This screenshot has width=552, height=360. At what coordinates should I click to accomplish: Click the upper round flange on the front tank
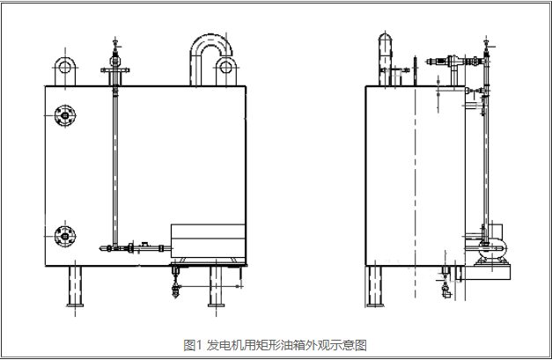tap(63, 115)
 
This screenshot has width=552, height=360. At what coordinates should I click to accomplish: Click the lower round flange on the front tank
tap(63, 235)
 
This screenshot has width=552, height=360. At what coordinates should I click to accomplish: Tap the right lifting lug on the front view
tap(225, 69)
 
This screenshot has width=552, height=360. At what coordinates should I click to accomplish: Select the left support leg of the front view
tap(75, 285)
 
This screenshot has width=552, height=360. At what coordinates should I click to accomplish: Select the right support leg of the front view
tap(215, 285)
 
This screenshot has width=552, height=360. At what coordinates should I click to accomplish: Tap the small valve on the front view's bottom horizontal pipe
tap(130, 247)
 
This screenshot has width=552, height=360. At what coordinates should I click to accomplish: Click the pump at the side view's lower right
tap(488, 247)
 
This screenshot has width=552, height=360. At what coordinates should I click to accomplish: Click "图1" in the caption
tap(193, 345)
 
